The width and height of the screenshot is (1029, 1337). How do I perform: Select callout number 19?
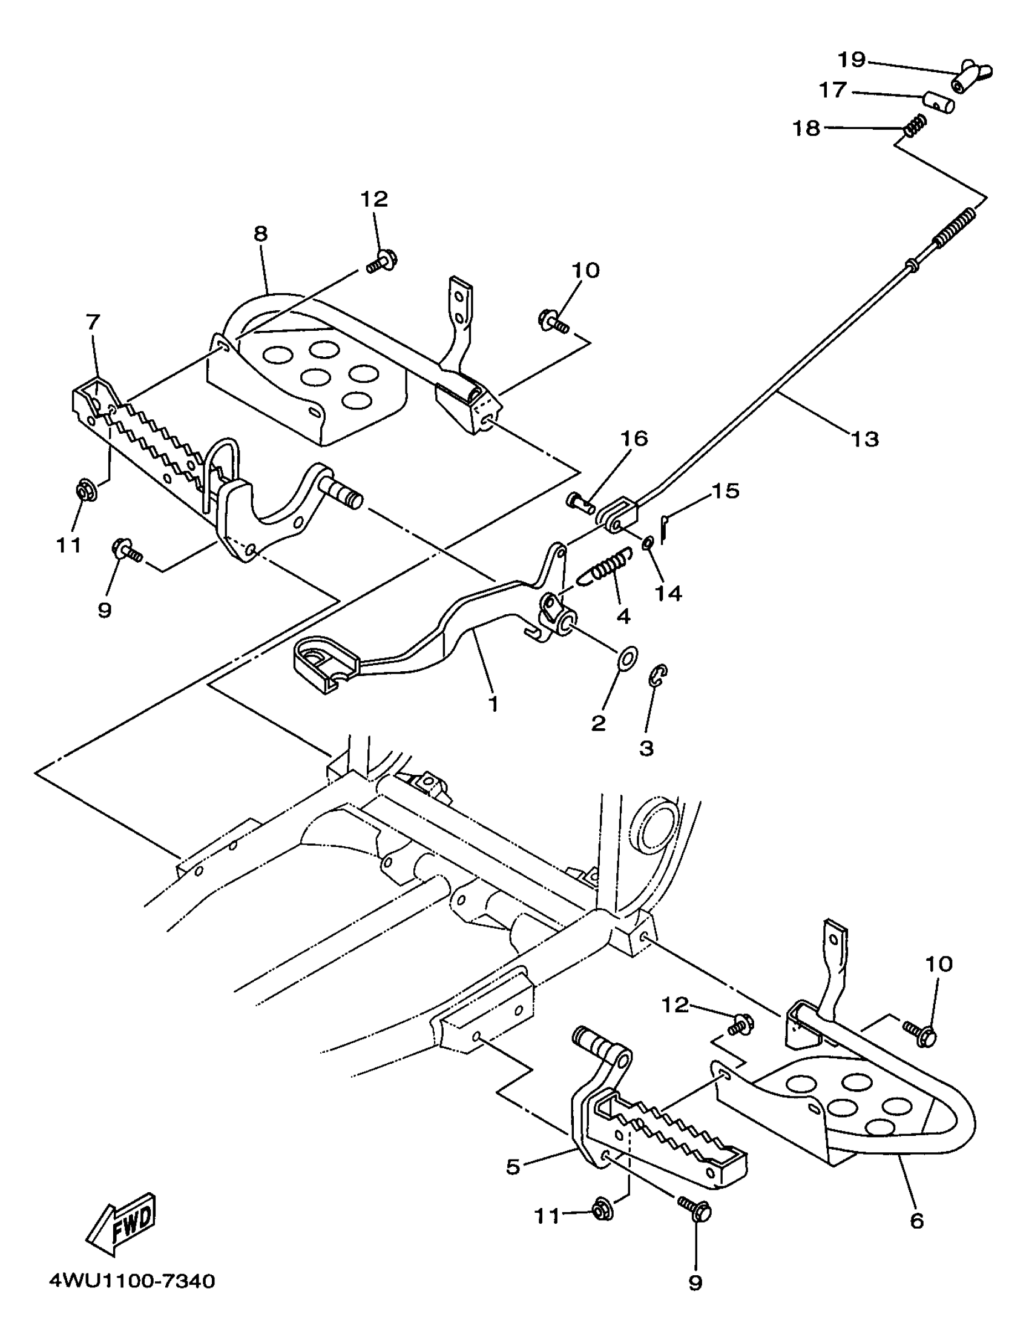[x=852, y=59]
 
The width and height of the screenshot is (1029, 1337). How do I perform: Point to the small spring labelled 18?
[x=916, y=126]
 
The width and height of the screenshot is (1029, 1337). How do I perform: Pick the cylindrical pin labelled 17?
[x=938, y=102]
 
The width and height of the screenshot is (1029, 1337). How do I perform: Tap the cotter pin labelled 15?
[x=666, y=527]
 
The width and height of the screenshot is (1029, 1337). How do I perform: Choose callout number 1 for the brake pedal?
[x=493, y=704]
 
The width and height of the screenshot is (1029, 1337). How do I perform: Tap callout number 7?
[x=93, y=322]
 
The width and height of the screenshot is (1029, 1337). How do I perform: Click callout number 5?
[x=513, y=1166]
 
